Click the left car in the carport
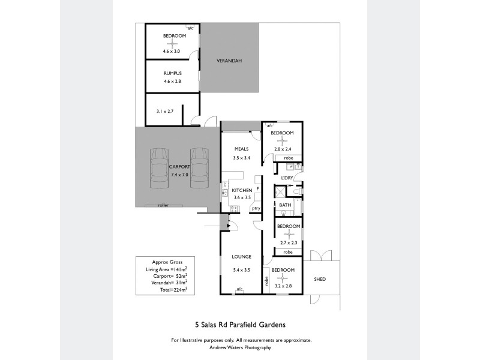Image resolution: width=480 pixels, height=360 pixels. click(159, 167)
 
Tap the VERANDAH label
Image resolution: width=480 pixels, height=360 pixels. click(229, 61)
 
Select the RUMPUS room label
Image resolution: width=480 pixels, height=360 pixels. click(172, 73)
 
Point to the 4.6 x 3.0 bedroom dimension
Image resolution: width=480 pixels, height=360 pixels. click(172, 52)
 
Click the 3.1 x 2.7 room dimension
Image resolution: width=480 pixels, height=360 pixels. click(165, 111)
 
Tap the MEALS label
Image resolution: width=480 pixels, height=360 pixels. click(241, 149)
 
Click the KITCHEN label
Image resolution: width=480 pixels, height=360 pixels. click(242, 190)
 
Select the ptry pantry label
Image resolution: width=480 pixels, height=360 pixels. click(256, 208)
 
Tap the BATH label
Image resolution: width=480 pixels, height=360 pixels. click(285, 205)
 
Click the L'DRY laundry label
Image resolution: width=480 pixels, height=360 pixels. click(287, 178)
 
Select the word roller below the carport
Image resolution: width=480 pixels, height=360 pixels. click(163, 205)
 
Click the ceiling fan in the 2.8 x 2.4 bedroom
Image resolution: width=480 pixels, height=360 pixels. click(281, 140)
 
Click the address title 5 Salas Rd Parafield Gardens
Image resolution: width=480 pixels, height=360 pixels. click(240, 325)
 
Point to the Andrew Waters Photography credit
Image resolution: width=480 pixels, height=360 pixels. click(240, 347)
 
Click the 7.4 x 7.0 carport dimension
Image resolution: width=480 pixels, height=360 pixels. click(179, 175)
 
